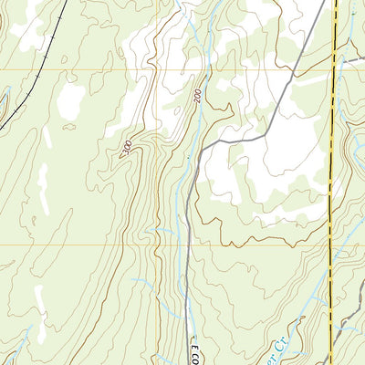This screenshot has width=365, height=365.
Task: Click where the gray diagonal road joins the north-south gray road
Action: point(203,146)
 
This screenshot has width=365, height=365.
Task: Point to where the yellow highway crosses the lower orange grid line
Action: point(330,245)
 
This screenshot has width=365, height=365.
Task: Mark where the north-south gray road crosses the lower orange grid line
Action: point(188,245)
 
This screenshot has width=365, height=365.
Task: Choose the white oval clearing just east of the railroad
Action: point(70,102)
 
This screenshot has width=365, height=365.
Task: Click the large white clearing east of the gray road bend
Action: point(265,173)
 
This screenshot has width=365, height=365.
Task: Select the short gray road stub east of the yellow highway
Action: point(351,60)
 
